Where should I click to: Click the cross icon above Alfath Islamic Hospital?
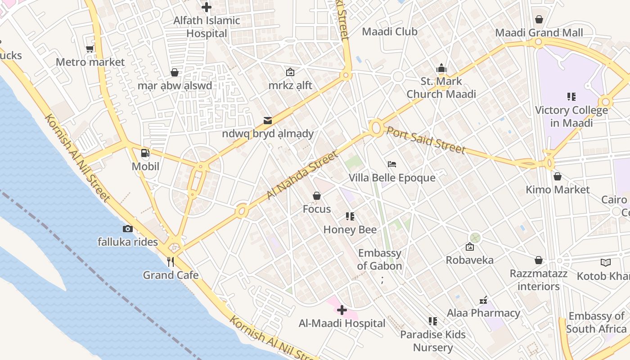pos(207,7)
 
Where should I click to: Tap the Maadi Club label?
pos(390,31)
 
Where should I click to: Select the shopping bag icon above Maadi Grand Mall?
pos(539,19)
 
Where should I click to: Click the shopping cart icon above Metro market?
pos(90,49)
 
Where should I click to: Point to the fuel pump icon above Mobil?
pos(145,153)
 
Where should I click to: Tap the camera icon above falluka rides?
pos(128,229)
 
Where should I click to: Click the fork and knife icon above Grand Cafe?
pos(171,262)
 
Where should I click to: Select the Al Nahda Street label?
pos(302,175)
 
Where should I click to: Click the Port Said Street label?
pos(426,140)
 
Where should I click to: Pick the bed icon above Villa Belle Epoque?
pos(392,164)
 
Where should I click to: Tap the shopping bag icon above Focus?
pos(317,196)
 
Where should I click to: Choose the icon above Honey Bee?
pos(350,216)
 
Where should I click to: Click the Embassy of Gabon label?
pos(379,260)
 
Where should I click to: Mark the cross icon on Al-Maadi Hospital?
pos(342,310)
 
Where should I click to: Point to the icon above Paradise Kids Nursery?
pos(433,321)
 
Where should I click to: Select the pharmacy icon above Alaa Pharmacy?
pos(483,300)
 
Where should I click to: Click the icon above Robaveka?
pos(470,247)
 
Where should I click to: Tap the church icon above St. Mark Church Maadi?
pos(441,68)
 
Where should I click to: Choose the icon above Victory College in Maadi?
pos(571,96)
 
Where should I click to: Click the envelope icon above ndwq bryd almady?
pos(268,120)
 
